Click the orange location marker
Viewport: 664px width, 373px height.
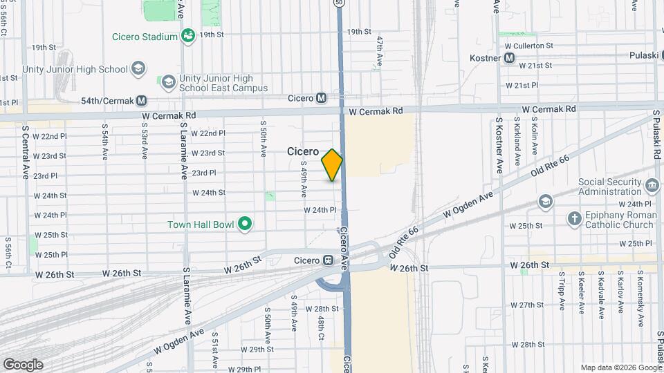click(x=332, y=165)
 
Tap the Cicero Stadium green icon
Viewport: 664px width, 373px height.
click(x=187, y=35)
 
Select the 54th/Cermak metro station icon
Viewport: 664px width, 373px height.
click(x=141, y=101)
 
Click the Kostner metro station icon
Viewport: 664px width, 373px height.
click(x=509, y=58)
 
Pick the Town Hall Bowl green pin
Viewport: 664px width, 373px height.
click(x=244, y=224)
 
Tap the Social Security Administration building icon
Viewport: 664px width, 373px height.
click(x=651, y=186)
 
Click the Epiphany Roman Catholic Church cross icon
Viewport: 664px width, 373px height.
click(x=574, y=219)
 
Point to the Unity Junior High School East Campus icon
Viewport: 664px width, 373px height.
click(x=168, y=83)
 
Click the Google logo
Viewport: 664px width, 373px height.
click(x=23, y=364)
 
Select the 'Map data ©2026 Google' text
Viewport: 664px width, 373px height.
click(x=620, y=367)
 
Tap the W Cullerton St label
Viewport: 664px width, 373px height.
click(x=529, y=46)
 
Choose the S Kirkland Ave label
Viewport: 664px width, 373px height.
click(x=517, y=142)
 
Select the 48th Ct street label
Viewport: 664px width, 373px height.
click(x=322, y=328)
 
